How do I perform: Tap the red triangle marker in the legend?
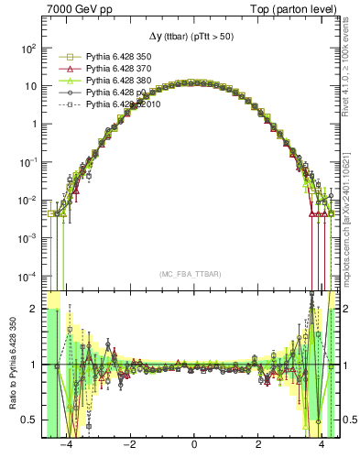click(x=64, y=69)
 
